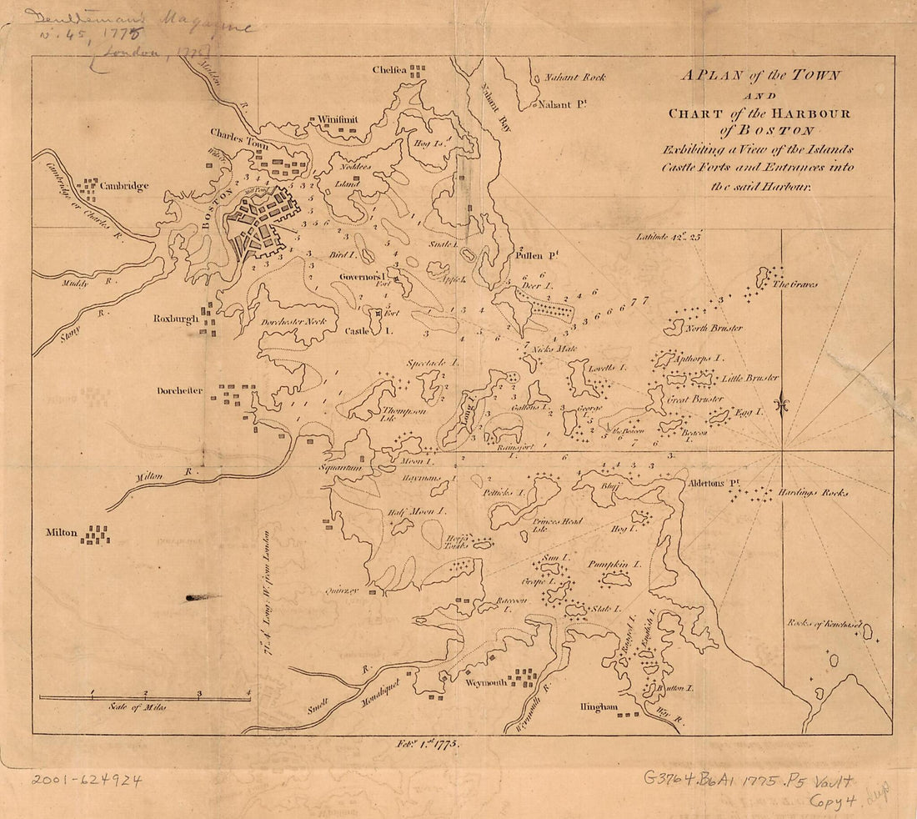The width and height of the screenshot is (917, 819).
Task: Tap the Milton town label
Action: click(x=63, y=533)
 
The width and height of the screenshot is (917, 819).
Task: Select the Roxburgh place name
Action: click(x=175, y=319)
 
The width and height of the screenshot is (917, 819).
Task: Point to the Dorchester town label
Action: click(x=179, y=390)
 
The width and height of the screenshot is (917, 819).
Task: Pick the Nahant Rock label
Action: click(x=574, y=78)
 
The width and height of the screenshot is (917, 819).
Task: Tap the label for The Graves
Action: click(x=795, y=284)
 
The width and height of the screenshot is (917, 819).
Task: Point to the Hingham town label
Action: click(x=599, y=707)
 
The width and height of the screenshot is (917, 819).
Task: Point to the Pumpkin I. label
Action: click(x=614, y=564)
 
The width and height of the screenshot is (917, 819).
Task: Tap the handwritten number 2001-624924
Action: click(x=87, y=781)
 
